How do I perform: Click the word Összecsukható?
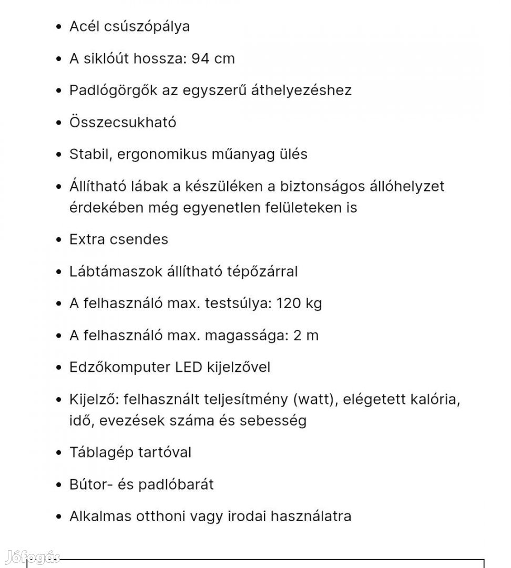click(x=122, y=123)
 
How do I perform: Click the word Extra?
click(x=87, y=239)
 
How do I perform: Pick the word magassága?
click(x=249, y=336)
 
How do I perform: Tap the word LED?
click(x=188, y=367)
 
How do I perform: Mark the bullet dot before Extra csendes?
click(x=58, y=240)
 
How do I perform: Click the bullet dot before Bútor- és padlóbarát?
click(x=58, y=485)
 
